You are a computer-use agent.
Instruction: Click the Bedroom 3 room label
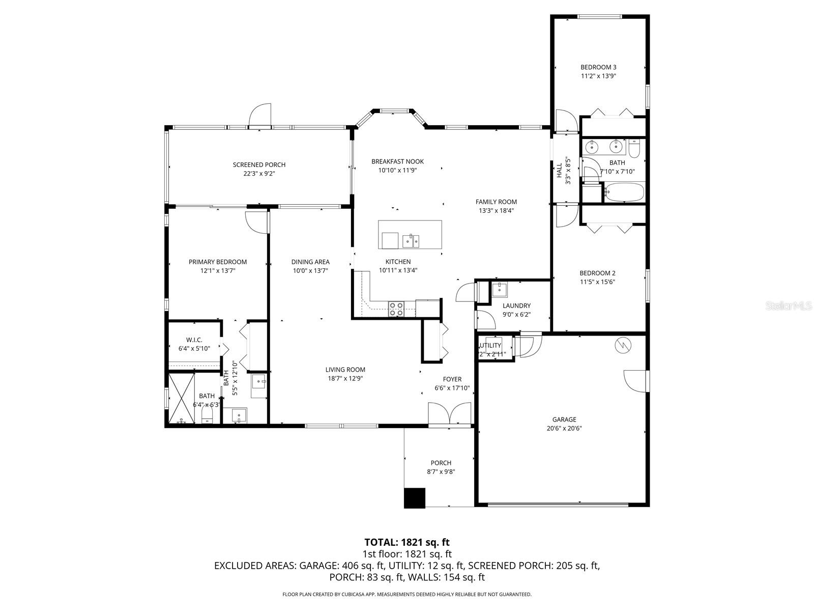click(x=598, y=67)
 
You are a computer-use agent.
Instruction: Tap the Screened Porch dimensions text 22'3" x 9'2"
click(x=259, y=174)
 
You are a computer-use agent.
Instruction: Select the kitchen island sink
click(x=410, y=240)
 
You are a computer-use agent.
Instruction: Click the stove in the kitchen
click(x=396, y=309)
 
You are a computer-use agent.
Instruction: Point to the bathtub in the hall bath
click(x=624, y=193)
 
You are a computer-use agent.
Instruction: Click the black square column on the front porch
click(x=414, y=498)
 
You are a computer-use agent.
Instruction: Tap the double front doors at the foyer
click(x=450, y=413)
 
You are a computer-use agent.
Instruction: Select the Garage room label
click(x=564, y=420)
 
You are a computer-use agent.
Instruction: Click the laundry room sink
click(x=500, y=290)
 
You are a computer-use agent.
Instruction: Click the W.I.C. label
click(x=194, y=340)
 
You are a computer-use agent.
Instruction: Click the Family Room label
click(x=496, y=202)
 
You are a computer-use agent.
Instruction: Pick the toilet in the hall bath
click(x=634, y=149)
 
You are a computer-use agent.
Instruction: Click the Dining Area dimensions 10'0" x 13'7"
click(x=310, y=271)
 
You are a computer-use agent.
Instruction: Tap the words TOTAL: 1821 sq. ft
click(x=407, y=542)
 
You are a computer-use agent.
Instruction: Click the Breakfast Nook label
click(x=397, y=161)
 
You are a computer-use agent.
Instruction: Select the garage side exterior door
click(x=636, y=381)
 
